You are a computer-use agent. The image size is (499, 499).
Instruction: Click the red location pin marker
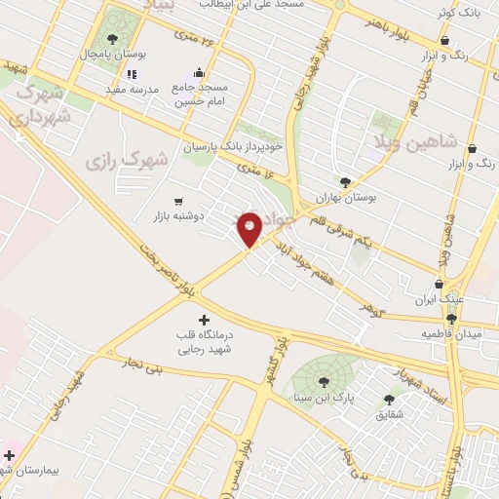(x=249, y=228)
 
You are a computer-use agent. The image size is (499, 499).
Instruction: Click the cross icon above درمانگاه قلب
(x=203, y=320)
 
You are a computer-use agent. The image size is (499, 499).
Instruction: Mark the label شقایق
(x=390, y=415)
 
